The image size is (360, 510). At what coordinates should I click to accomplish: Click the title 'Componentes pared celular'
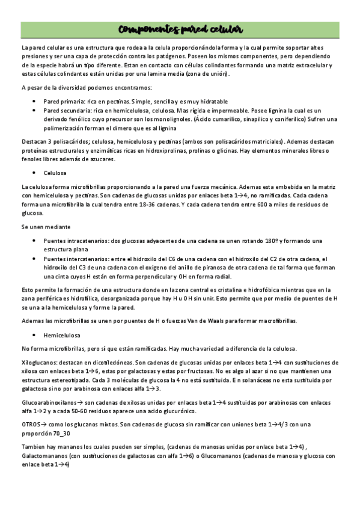point(180,29)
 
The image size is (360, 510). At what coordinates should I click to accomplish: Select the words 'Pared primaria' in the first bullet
point(62,102)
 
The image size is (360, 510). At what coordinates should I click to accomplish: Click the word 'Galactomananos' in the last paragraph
point(46,456)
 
